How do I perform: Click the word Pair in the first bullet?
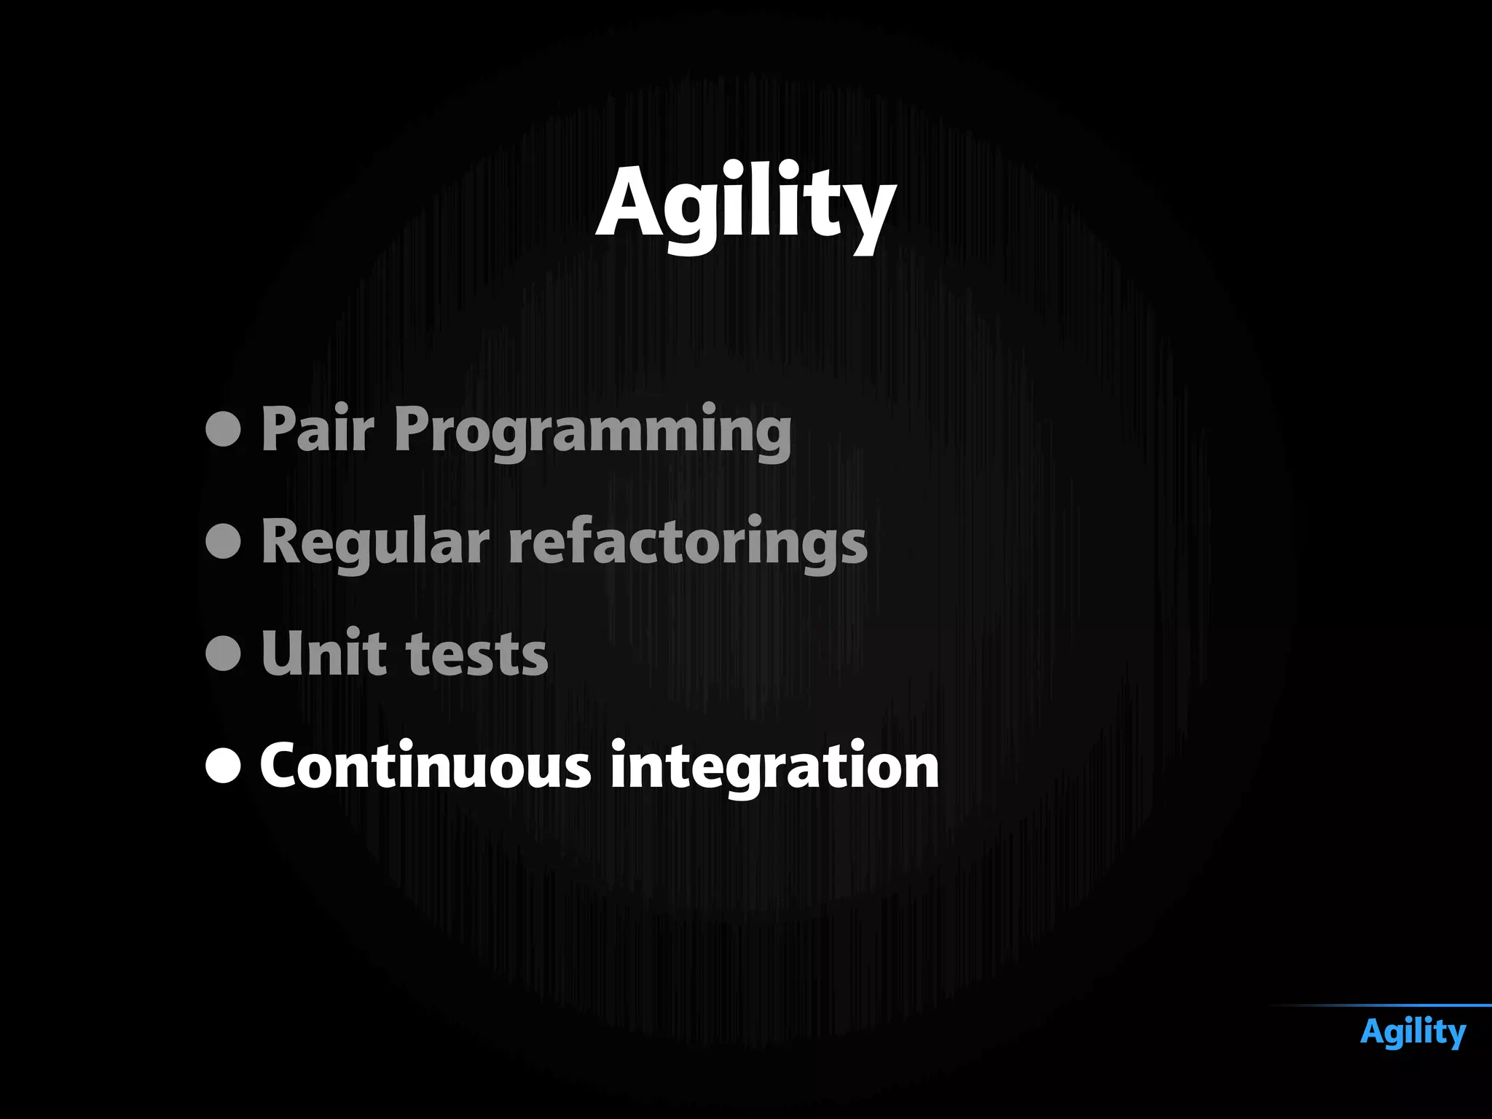(318, 430)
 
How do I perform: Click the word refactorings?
(688, 543)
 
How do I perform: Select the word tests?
(476, 655)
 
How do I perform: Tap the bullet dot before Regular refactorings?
(223, 541)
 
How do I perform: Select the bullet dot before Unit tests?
(223, 653)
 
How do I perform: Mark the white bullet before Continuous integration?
(223, 765)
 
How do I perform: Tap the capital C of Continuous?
(283, 765)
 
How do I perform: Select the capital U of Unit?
(284, 653)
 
